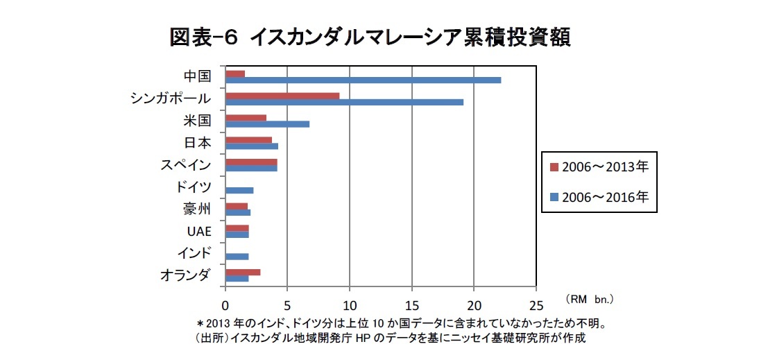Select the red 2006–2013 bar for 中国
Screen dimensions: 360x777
tap(235, 74)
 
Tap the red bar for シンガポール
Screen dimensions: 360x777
tap(282, 96)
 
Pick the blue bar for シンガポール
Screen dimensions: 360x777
tap(344, 102)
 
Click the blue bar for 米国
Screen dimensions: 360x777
tap(267, 124)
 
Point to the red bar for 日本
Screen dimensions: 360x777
tap(248, 139)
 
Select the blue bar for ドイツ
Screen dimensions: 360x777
tap(239, 190)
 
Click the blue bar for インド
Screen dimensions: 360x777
tap(237, 256)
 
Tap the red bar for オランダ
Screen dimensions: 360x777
tap(243, 272)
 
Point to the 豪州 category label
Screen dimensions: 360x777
tap(198, 209)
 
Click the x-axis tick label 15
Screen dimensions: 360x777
tap(412, 305)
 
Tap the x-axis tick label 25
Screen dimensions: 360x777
tap(536, 305)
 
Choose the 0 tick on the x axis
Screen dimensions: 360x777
tap(225, 305)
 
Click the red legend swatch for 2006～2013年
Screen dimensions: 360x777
tap(554, 167)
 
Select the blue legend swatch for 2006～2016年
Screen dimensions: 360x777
tap(554, 198)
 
